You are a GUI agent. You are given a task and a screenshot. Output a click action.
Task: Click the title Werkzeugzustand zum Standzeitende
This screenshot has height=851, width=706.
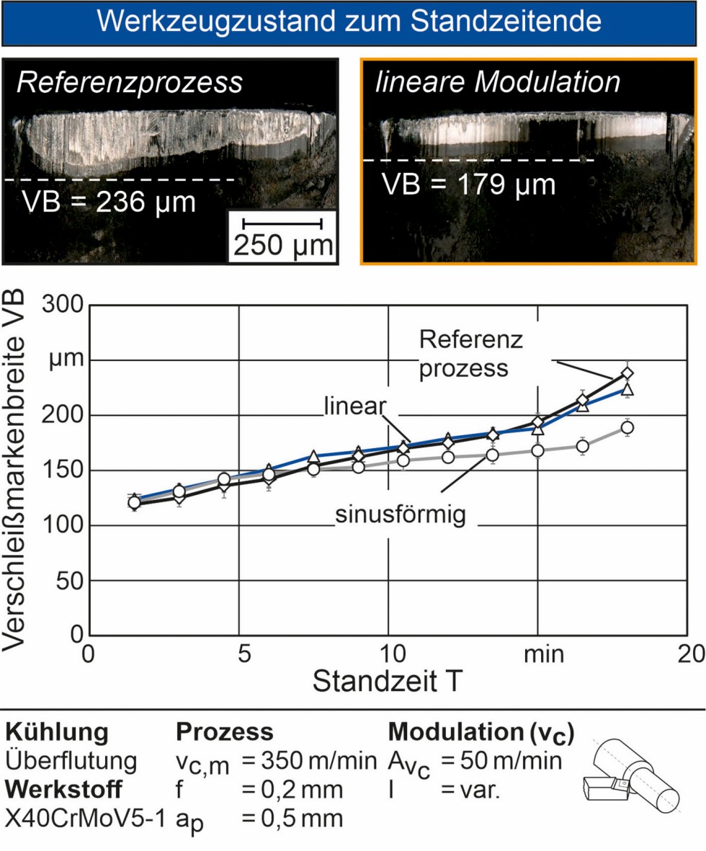pos(352,22)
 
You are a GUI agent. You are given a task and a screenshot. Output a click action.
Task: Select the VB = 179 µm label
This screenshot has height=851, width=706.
pos(470,184)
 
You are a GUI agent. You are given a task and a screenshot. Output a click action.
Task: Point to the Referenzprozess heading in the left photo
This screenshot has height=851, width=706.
pos(130,83)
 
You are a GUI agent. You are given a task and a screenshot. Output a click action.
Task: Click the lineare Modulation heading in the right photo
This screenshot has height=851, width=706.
pos(497,83)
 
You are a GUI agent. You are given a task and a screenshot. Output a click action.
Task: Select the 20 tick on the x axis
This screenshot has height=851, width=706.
pos(689,654)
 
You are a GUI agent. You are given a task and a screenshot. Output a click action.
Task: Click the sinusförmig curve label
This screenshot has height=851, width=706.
pos(401,516)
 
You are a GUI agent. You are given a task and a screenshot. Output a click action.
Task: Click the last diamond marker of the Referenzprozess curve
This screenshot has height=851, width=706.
pos(627,373)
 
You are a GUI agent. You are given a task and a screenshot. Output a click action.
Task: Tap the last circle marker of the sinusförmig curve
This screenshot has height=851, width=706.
pos(627,428)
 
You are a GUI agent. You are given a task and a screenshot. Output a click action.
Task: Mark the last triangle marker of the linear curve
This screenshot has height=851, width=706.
pos(627,391)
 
